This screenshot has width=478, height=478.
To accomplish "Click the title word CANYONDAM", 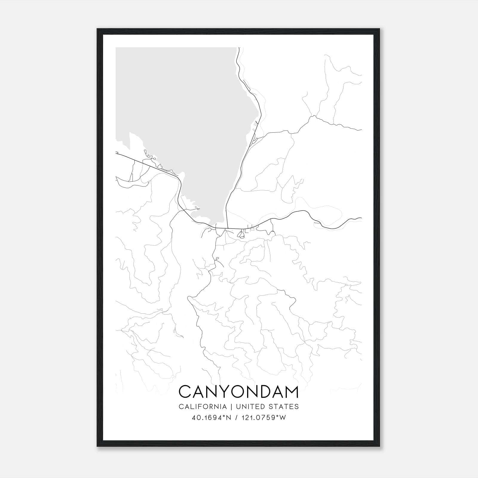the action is pyautogui.click(x=238, y=392).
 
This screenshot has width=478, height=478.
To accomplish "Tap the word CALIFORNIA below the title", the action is pyautogui.click(x=202, y=407).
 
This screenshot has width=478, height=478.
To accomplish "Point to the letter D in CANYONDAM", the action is pyautogui.click(x=257, y=392).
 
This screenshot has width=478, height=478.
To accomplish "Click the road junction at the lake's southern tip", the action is pyautogui.click(x=227, y=228).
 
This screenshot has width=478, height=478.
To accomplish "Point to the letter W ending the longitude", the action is pyautogui.click(x=283, y=418).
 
